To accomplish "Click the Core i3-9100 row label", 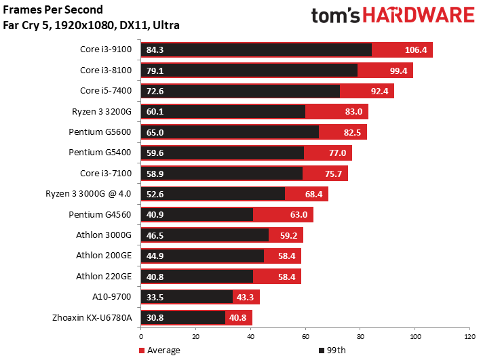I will point(107,49).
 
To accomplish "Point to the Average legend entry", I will point(161,351).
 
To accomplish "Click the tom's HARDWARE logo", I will point(392,16).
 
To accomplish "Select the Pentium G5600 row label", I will point(102,132).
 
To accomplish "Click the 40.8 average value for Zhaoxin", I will point(238,317).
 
